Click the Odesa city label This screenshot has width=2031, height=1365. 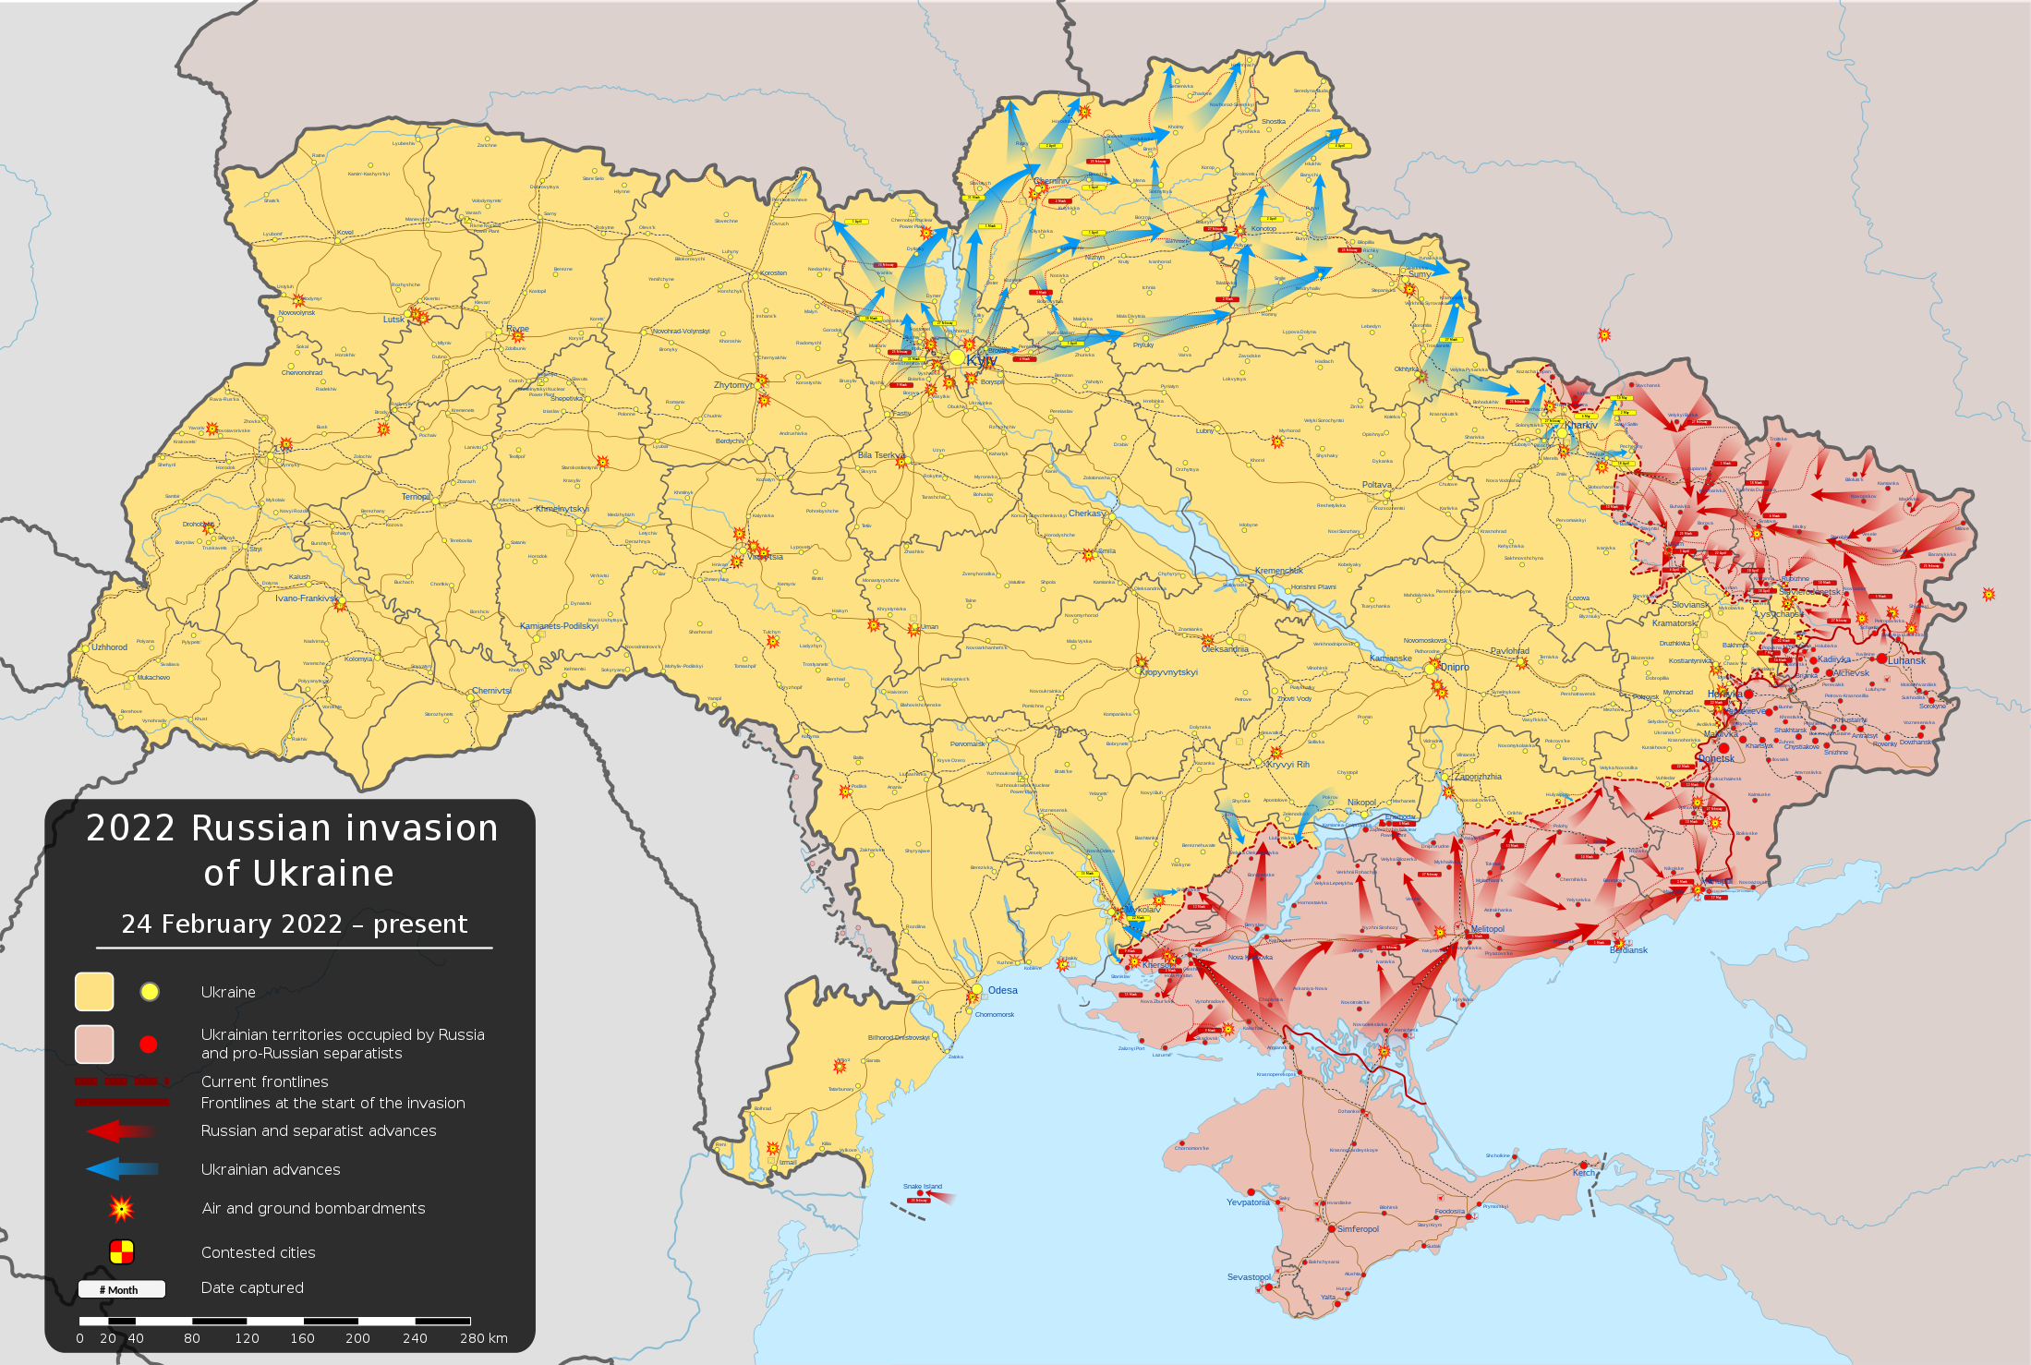click(x=1002, y=990)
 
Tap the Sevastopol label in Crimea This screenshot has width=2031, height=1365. click(x=1249, y=1277)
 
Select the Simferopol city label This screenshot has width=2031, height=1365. click(x=1358, y=1229)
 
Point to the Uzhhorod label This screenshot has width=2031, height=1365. click(x=109, y=647)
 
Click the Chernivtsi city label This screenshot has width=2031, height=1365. click(x=491, y=691)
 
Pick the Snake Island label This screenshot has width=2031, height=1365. click(x=923, y=1186)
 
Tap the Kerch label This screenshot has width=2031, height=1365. click(x=1583, y=1173)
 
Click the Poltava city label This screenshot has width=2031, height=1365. click(x=1376, y=485)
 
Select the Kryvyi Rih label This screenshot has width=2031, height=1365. click(x=1288, y=765)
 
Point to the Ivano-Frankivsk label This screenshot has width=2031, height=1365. click(x=306, y=598)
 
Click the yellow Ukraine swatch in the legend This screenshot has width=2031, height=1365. click(x=94, y=992)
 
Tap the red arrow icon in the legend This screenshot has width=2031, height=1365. click(x=121, y=1131)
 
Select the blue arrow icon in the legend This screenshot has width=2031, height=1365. click(x=121, y=1169)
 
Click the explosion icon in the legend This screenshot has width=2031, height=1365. click(x=121, y=1208)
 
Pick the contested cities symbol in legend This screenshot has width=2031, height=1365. click(x=122, y=1252)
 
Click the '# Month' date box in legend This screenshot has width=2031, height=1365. click(x=121, y=1289)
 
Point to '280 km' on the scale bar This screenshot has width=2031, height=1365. click(x=484, y=1338)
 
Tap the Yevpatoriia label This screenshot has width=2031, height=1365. click(x=1248, y=1202)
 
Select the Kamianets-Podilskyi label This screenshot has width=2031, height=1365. click(x=559, y=626)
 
